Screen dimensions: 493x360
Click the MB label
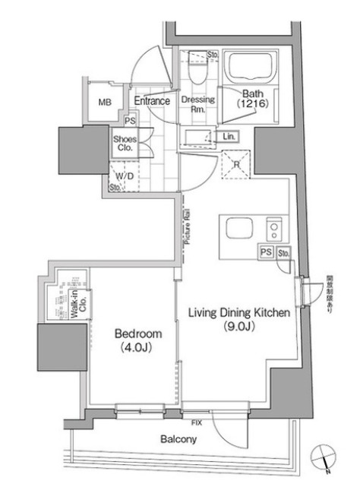pyautogui.click(x=104, y=103)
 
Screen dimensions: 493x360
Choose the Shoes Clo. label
pyautogui.click(x=124, y=144)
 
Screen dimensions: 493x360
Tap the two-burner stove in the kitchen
pyautogui.click(x=273, y=229)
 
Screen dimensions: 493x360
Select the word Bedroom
pyautogui.click(x=138, y=333)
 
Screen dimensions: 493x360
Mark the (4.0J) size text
pyautogui.click(x=138, y=349)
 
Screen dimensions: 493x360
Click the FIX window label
pyautogui.click(x=197, y=421)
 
